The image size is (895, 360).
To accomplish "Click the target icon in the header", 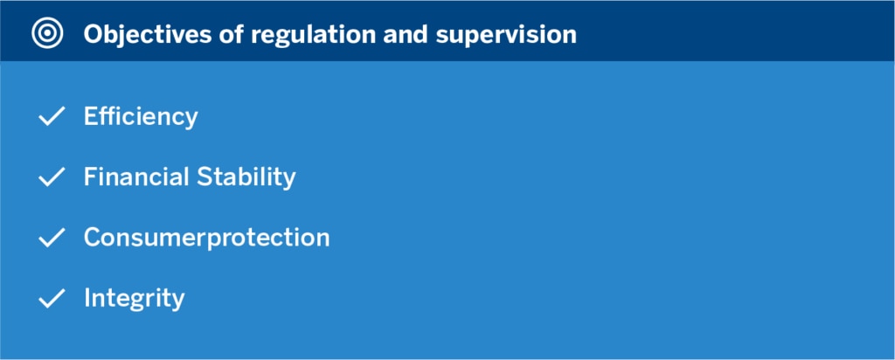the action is click(x=47, y=34).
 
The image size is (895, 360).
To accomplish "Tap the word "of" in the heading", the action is click(x=231, y=34).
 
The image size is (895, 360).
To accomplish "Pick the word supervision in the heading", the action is click(x=506, y=35).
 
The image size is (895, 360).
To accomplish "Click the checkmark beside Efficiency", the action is click(x=52, y=116).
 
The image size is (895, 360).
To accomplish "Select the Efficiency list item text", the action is click(x=141, y=117).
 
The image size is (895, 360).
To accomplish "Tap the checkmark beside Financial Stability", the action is click(x=52, y=177).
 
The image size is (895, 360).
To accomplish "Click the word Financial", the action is click(x=136, y=177).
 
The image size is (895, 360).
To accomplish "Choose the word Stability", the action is click(x=246, y=177).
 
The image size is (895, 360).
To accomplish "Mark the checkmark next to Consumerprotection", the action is click(x=52, y=238).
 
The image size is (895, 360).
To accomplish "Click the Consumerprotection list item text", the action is click(x=206, y=238).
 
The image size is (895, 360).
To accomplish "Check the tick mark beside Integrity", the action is click(x=52, y=298).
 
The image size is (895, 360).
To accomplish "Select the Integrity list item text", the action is click(x=134, y=298).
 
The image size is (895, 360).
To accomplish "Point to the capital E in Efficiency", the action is click(x=91, y=116).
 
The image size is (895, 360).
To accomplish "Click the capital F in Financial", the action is click(x=91, y=177).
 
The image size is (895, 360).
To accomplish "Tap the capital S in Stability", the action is click(x=205, y=177).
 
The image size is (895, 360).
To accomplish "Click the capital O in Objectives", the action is click(x=94, y=34).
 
